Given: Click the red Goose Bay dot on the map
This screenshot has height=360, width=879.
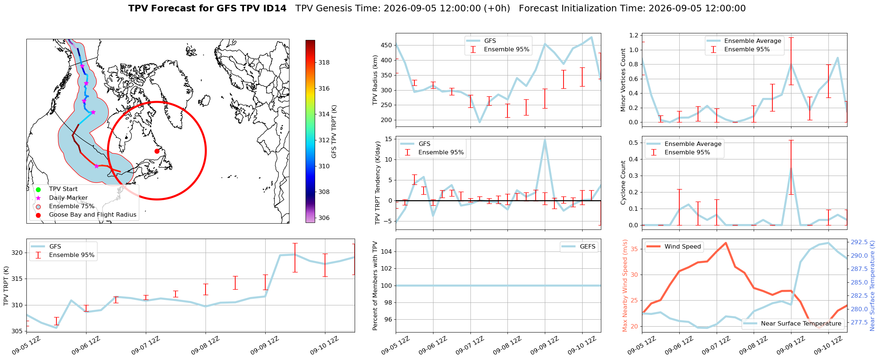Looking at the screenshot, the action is tap(157, 151).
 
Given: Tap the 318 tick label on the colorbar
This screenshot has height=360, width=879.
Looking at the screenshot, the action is tap(324, 62).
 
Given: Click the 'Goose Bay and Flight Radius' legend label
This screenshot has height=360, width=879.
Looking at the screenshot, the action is tap(93, 215).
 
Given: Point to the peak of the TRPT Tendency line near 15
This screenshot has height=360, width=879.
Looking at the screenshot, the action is tap(545, 140).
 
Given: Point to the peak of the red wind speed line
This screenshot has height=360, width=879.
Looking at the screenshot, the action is tap(726, 243).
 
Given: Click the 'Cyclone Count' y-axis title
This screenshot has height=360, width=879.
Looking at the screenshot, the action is tap(623, 183).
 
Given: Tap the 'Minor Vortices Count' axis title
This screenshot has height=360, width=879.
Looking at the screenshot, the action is tap(623, 80).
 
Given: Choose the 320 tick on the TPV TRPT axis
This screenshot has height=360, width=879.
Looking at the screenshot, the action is tap(17, 253).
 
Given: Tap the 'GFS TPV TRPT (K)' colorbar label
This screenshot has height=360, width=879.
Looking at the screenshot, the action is tap(334, 132).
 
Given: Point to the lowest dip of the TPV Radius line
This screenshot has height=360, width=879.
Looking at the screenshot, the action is tap(480, 122).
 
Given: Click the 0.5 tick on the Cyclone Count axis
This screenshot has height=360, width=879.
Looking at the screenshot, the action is tap(633, 143).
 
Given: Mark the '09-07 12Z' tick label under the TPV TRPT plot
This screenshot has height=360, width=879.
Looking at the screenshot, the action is tap(145, 345).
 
